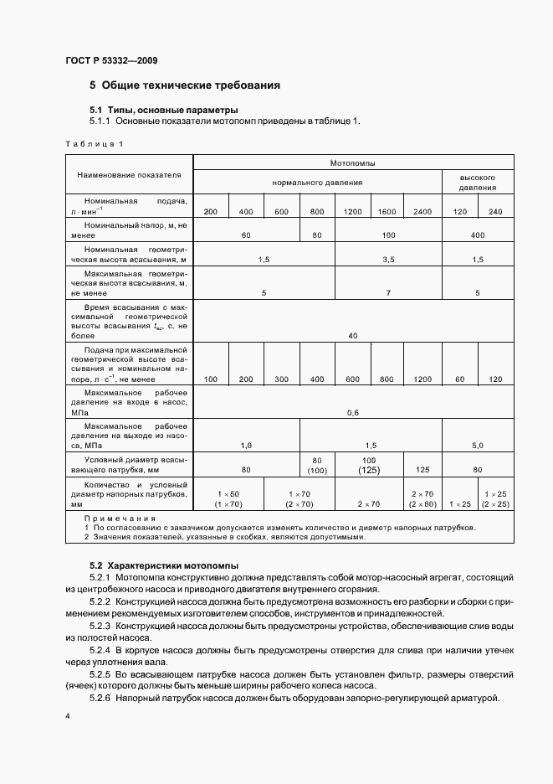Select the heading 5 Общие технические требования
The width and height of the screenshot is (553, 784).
[184, 85]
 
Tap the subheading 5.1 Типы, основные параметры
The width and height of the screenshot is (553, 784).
[164, 110]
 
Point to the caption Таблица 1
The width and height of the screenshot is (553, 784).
[94, 144]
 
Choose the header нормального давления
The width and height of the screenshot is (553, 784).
[317, 183]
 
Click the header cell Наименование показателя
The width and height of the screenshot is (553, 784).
[129, 175]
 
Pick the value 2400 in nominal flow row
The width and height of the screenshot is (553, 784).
[422, 211]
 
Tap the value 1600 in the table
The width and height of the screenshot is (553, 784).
[387, 211]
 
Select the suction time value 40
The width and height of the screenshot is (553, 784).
[353, 336]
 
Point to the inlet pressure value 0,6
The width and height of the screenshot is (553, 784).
[353, 412]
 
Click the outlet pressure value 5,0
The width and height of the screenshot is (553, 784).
[479, 445]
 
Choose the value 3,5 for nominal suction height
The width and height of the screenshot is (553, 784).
[387, 260]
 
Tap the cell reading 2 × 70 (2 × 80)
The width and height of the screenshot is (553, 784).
[422, 499]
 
